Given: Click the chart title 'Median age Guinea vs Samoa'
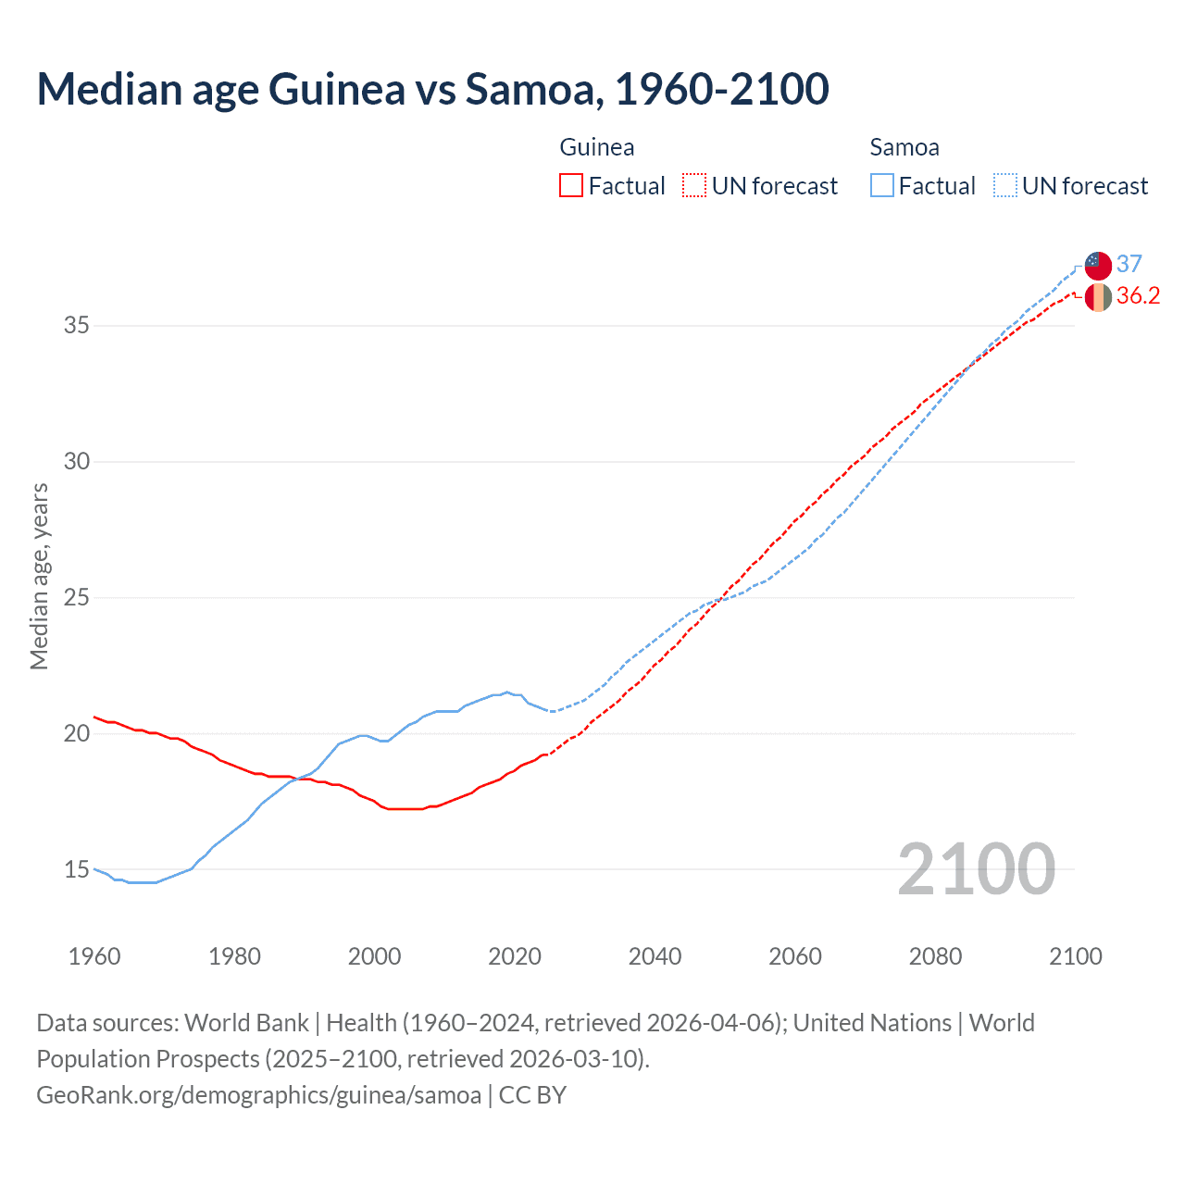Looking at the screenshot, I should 432,89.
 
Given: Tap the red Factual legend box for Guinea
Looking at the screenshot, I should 571,186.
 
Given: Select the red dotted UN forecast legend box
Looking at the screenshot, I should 694,186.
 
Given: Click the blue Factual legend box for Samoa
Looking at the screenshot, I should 881,186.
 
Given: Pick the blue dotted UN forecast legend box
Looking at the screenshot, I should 1004,186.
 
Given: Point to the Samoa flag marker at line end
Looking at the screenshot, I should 1098,265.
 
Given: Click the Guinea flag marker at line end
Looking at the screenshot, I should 1098,297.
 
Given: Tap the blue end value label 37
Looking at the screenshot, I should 1129,265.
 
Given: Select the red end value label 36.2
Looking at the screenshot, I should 1138,296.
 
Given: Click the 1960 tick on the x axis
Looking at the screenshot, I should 94,956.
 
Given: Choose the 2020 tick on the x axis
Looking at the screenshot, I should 515,956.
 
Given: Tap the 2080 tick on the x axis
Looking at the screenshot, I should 935,956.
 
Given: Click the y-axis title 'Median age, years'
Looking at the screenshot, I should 39,576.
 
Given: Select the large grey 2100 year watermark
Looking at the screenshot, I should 976,869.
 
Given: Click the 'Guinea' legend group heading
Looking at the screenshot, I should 597,147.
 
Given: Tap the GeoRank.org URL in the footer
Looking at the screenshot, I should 258,1095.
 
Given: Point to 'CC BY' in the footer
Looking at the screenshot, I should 532,1095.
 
